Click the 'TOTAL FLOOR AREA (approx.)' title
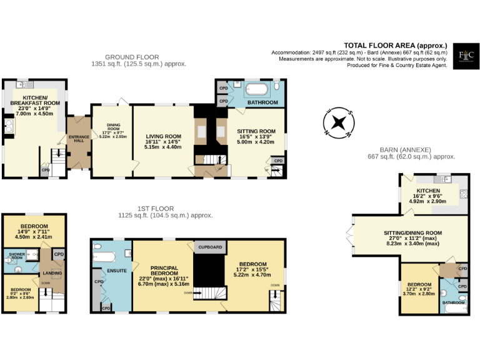[396, 45]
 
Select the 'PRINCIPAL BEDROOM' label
[163, 270]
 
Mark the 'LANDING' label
[51, 273]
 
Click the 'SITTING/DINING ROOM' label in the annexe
[412, 233]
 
